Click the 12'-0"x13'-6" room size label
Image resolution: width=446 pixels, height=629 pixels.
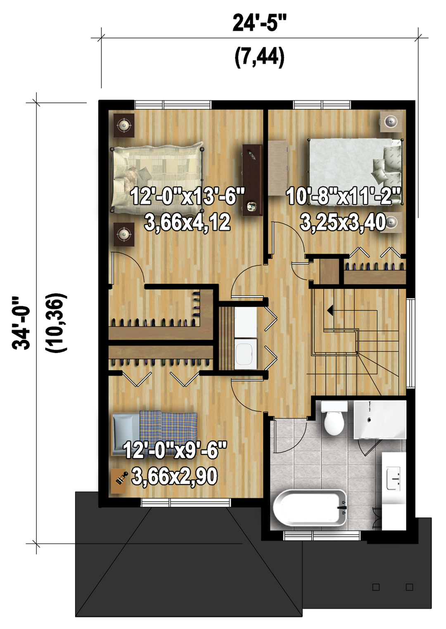point(188,196)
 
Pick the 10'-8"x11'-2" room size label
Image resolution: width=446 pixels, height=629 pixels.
point(343,196)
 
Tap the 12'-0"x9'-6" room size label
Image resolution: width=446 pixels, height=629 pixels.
point(175,450)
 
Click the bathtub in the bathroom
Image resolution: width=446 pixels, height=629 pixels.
point(310,508)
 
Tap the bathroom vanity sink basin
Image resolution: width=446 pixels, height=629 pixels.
point(394,478)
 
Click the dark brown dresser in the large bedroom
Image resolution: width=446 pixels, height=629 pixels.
point(252,180)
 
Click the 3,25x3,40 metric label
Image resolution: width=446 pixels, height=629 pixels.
point(343,222)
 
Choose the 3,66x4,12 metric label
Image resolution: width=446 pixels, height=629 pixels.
point(188,222)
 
